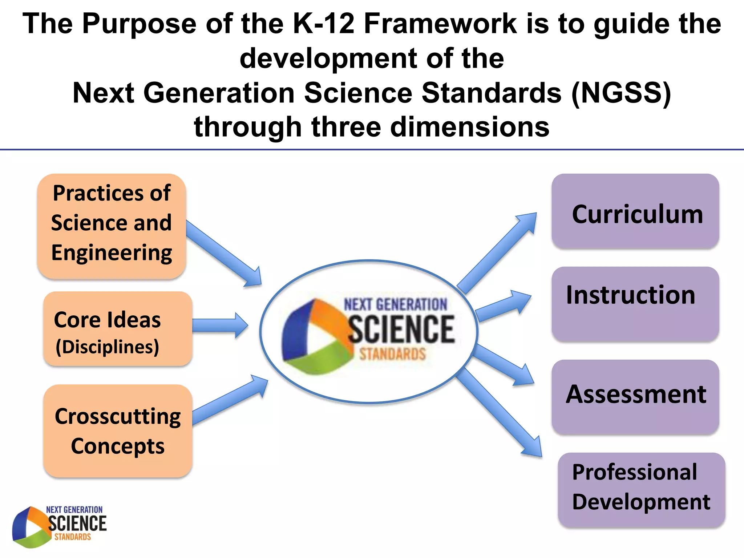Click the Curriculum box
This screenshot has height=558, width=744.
pos(635,211)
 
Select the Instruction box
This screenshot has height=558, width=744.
pos(635,304)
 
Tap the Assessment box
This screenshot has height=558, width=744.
pos(635,397)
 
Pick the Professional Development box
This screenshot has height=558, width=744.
pos(641,489)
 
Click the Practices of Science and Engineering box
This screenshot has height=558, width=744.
pos(112,226)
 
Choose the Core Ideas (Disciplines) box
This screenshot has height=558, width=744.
pos(117,329)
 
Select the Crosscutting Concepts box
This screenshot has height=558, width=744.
pos(117,430)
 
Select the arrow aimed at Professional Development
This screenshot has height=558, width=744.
pos(500,412)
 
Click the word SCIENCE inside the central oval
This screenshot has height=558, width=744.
pos(401,329)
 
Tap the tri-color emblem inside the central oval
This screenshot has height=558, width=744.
pos(314,336)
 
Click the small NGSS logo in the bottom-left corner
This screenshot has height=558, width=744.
pos(59,526)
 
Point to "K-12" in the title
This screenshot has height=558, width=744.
pos(323,24)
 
